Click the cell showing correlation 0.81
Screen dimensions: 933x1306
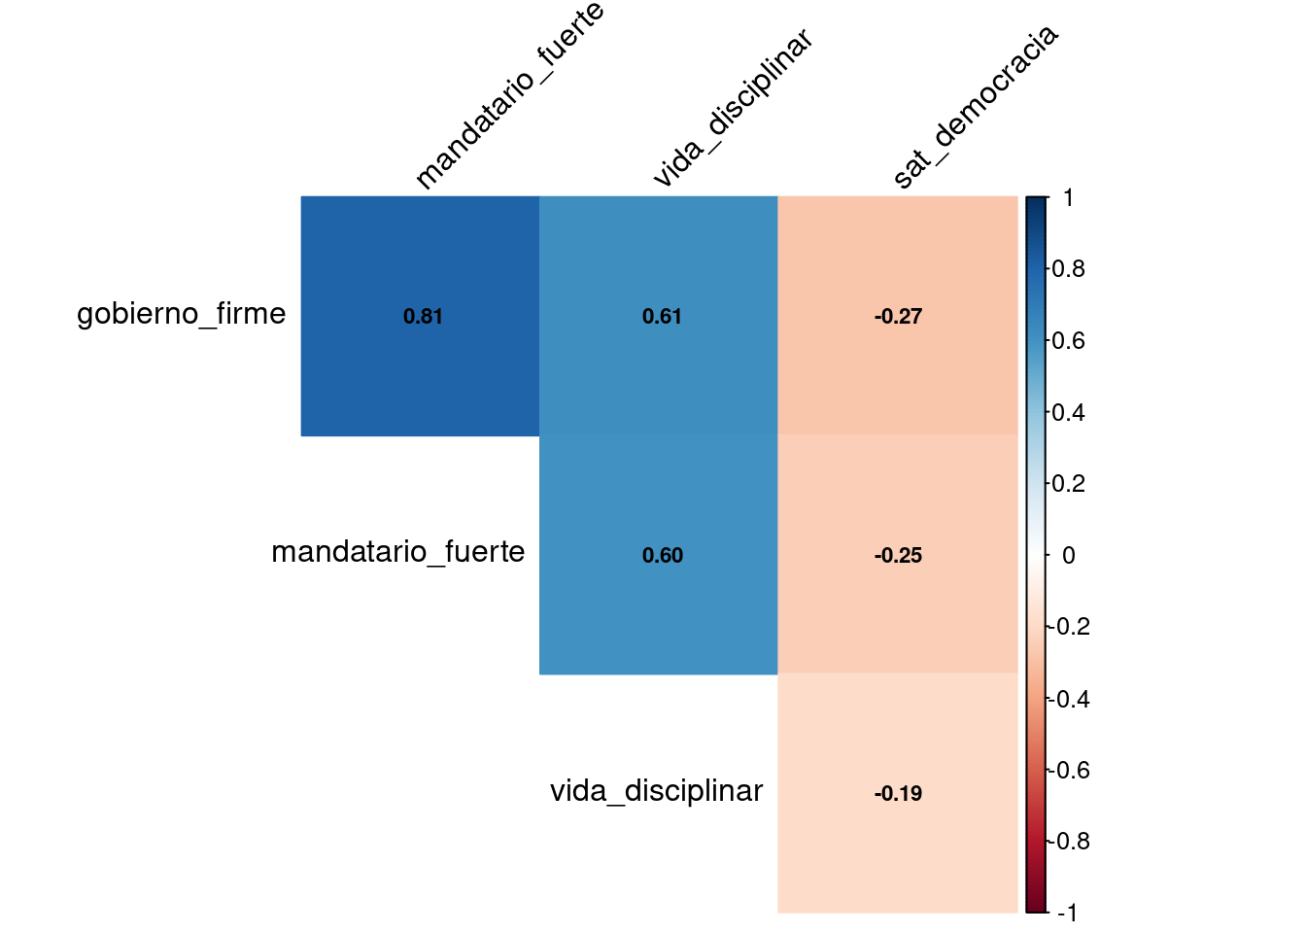click(x=420, y=316)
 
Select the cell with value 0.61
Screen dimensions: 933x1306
click(x=659, y=316)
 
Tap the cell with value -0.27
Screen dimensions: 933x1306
click(x=898, y=316)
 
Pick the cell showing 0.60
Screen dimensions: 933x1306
click(x=659, y=555)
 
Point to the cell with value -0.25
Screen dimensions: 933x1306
click(x=898, y=555)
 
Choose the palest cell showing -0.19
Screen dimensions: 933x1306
click(x=898, y=793)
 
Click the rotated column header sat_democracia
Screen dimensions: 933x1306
click(x=975, y=107)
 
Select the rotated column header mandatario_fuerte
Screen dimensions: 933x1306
click(x=510, y=96)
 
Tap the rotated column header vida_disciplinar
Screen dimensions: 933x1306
click(x=732, y=108)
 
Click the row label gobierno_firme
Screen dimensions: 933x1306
click(x=182, y=314)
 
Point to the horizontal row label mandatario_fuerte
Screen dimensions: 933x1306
click(x=398, y=552)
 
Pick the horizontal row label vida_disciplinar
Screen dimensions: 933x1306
click(x=657, y=791)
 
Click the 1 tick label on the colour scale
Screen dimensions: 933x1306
click(x=1068, y=198)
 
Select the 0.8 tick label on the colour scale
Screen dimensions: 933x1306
click(x=1069, y=269)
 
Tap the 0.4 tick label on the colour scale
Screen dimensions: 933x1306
click(x=1069, y=413)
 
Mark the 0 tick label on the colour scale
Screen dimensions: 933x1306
click(x=1069, y=556)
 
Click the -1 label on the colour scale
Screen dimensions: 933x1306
click(x=1067, y=913)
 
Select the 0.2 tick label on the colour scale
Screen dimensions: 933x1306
click(x=1069, y=484)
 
